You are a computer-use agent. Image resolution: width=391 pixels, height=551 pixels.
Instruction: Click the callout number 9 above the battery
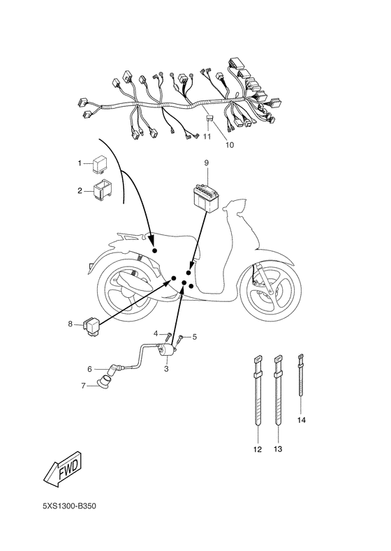(207, 163)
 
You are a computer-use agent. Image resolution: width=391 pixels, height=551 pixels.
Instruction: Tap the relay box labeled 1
(98, 164)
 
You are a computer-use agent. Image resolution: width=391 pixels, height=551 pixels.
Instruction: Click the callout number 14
(302, 421)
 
